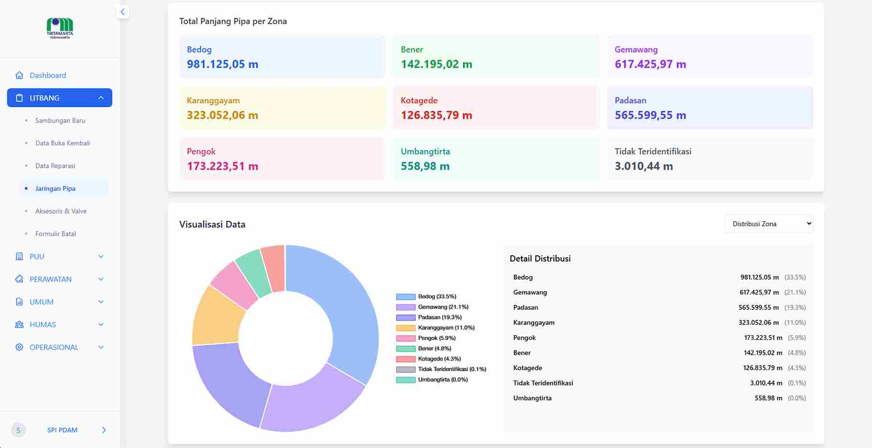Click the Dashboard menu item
(x=48, y=76)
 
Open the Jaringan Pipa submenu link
(x=55, y=188)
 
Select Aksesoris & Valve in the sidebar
(x=61, y=211)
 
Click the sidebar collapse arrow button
(x=123, y=12)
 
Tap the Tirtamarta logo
(x=60, y=28)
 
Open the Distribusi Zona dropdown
(x=768, y=224)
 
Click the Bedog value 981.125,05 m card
(x=223, y=64)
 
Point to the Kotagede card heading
(x=419, y=100)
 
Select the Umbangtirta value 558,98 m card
(x=425, y=166)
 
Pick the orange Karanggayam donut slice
(x=217, y=316)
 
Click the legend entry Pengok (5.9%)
(x=436, y=338)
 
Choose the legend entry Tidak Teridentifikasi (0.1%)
(x=452, y=369)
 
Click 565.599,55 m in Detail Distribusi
(x=758, y=307)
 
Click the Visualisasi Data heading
(x=212, y=224)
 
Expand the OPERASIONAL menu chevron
(x=101, y=348)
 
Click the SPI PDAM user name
(x=62, y=430)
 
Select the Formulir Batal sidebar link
(x=55, y=234)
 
